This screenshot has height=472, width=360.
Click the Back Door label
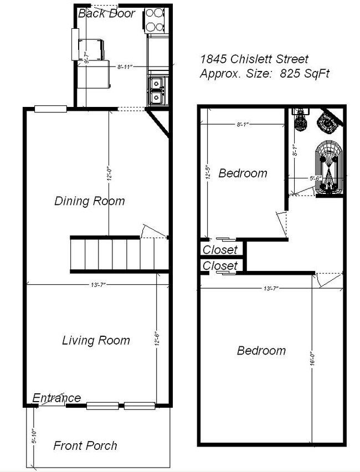106,13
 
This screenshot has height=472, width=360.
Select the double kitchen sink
156,90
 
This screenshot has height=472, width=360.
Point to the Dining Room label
89,201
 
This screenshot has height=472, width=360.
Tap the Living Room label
96,340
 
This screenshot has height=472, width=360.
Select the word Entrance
56,398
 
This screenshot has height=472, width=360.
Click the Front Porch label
85,445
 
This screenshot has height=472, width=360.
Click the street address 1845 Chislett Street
254,59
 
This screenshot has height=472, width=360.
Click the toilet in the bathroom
301,119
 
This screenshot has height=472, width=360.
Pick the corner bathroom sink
328,123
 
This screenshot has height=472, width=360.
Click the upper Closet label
220,250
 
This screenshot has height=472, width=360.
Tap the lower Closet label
220,266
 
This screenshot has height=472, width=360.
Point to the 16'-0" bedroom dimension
313,360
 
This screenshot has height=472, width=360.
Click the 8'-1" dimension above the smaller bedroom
241,125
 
